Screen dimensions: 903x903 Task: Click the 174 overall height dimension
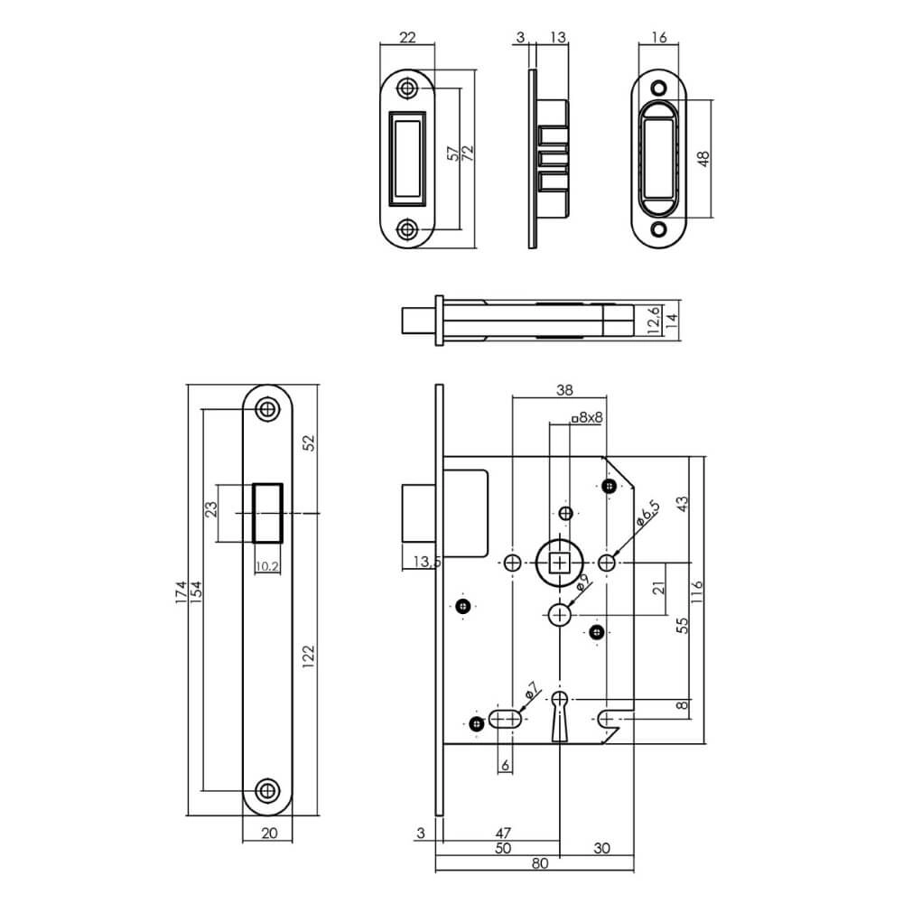[x=182, y=591]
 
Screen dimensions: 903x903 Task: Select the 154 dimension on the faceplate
[x=196, y=591]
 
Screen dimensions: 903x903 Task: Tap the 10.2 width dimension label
[x=266, y=567]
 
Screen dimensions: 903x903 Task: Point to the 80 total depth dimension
[x=539, y=862]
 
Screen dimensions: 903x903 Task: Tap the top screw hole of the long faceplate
[x=266, y=409]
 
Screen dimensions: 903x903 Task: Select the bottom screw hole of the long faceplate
[x=266, y=790]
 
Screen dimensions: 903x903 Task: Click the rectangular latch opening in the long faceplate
[x=267, y=513]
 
